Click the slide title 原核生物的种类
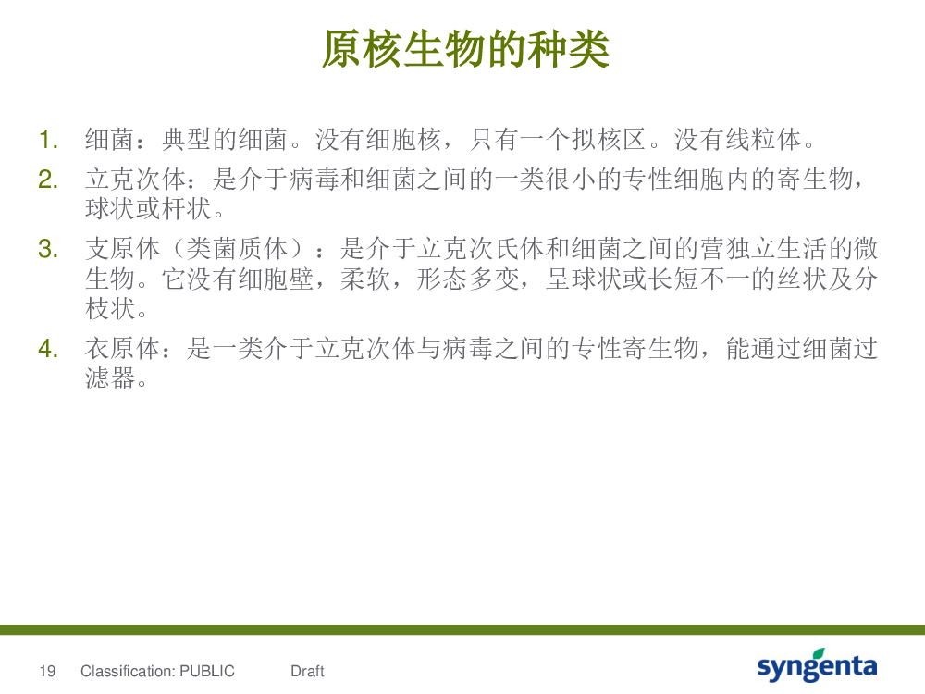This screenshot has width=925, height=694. pyautogui.click(x=465, y=50)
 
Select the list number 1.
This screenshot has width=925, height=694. pyautogui.click(x=48, y=141)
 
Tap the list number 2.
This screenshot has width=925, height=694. pyautogui.click(x=48, y=180)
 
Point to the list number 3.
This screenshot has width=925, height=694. pyautogui.click(x=48, y=249)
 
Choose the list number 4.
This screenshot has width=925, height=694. pyautogui.click(x=48, y=349)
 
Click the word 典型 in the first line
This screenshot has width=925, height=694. pyautogui.click(x=187, y=140)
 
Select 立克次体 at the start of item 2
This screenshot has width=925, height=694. pyautogui.click(x=136, y=180)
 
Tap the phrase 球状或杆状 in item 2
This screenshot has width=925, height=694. pyautogui.click(x=148, y=208)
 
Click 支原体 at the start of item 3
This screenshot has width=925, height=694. pyautogui.click(x=123, y=249)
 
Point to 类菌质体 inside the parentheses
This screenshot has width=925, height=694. pyautogui.click(x=237, y=249)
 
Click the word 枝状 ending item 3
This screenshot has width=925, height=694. pyautogui.click(x=110, y=308)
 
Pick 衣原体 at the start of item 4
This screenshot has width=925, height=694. pyautogui.click(x=123, y=349)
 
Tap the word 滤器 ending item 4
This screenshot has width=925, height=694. pyautogui.click(x=110, y=378)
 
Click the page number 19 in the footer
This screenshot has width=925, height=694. pyautogui.click(x=47, y=671)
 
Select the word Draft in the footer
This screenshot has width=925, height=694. pyautogui.click(x=307, y=671)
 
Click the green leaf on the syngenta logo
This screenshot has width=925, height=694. pyautogui.click(x=819, y=654)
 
